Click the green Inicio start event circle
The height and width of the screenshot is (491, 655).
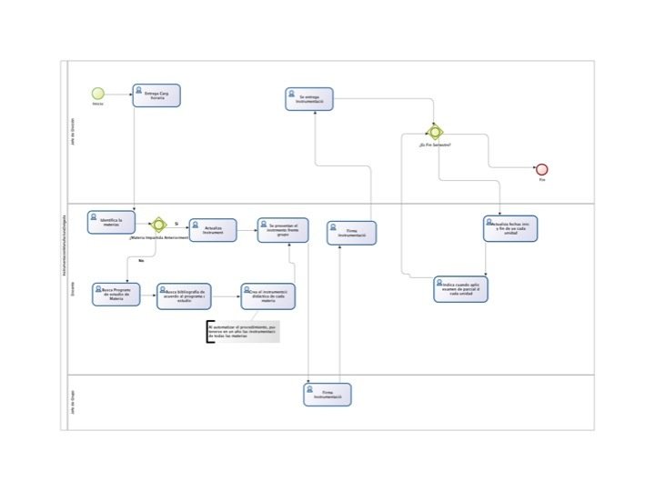(x=97, y=93)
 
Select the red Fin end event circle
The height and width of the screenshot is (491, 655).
(x=541, y=169)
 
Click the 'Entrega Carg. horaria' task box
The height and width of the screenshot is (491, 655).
(x=156, y=95)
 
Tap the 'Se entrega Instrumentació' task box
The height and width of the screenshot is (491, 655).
(x=309, y=99)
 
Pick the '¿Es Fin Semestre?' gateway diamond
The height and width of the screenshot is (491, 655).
(x=436, y=132)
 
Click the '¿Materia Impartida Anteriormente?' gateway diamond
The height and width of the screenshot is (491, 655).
(x=158, y=224)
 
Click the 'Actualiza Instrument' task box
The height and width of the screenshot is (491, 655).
(x=213, y=230)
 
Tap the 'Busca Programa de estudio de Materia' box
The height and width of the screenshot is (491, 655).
(x=116, y=294)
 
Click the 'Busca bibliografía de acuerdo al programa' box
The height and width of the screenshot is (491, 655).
(x=184, y=296)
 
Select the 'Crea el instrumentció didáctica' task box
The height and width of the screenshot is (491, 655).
(x=267, y=296)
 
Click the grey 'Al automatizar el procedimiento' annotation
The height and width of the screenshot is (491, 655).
(x=243, y=332)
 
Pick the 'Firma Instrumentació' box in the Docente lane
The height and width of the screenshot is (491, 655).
(x=351, y=233)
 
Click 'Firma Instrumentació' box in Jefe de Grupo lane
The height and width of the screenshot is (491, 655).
(x=327, y=395)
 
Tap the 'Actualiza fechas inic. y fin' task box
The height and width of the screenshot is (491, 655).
(x=509, y=228)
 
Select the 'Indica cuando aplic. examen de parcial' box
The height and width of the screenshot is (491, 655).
(x=462, y=289)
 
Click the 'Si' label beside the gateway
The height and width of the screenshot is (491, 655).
(x=176, y=223)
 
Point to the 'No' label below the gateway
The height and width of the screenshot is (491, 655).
(x=141, y=261)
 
